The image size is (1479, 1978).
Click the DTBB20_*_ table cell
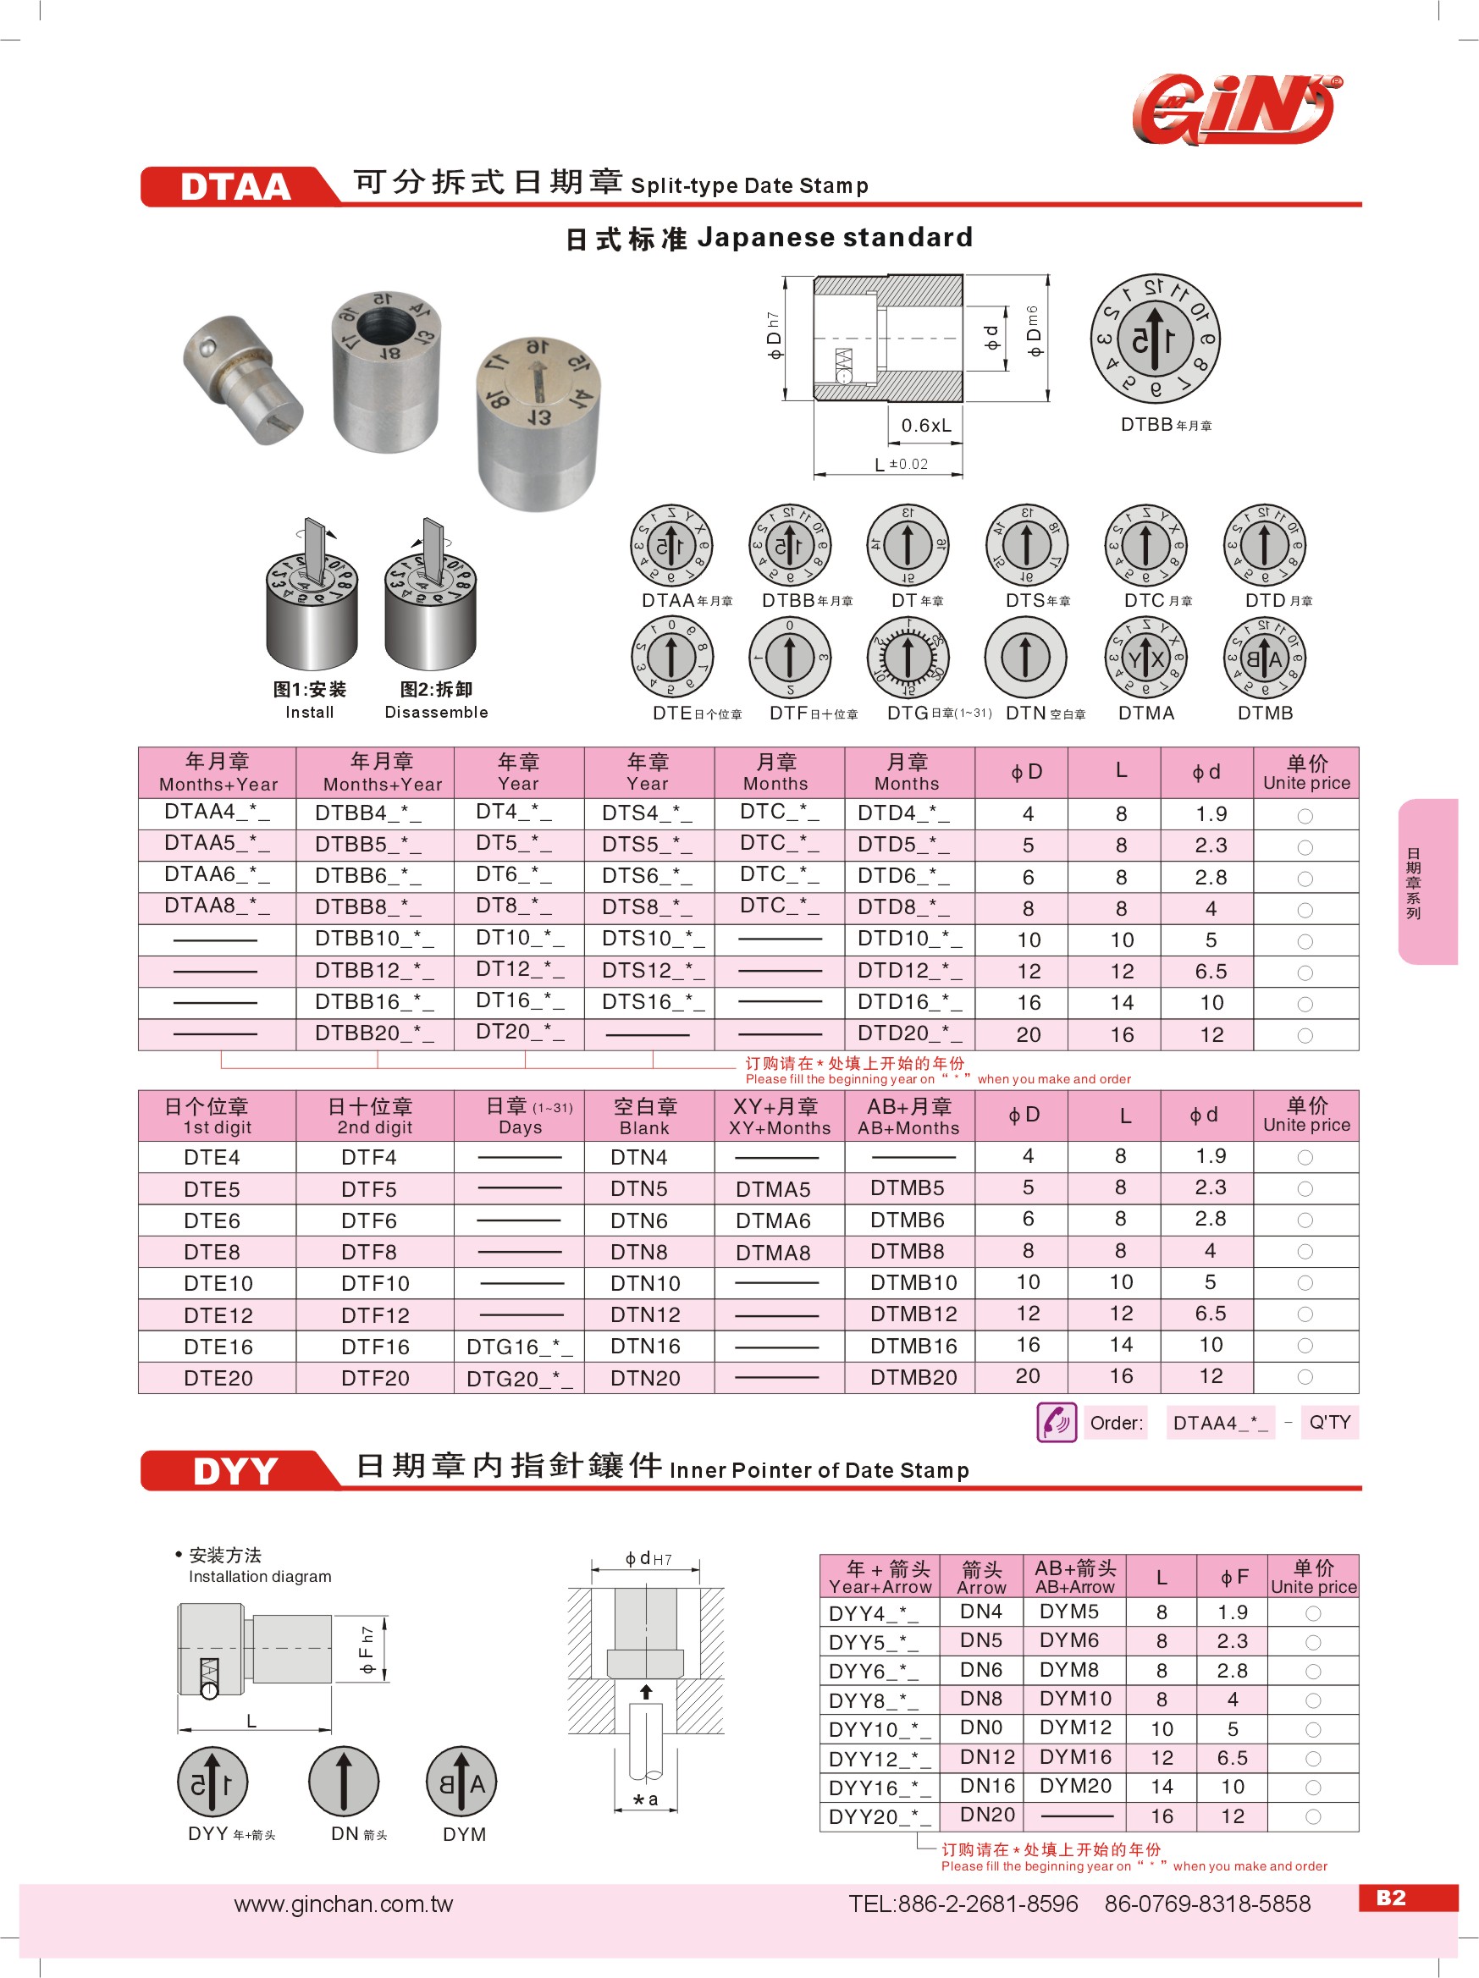[374, 1033]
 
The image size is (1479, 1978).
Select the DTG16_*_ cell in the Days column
[520, 1347]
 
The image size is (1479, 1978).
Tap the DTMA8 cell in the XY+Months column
[773, 1253]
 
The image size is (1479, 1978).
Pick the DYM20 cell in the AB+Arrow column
[1075, 1786]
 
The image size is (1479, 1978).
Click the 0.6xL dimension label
[925, 426]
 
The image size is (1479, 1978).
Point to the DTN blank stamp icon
[1025, 658]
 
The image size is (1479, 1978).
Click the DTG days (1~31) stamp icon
[908, 658]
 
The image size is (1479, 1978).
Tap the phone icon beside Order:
[1056, 1423]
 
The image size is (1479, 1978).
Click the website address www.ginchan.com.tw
[344, 1904]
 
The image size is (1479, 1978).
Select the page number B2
[1391, 1898]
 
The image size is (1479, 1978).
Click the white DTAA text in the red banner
[235, 187]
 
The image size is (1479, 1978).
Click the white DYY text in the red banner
[235, 1472]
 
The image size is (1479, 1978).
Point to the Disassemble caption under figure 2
[436, 713]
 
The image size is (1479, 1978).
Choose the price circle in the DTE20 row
[1305, 1377]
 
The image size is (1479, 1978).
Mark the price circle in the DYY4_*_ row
[1313, 1613]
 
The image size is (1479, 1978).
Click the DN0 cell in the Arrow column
[981, 1727]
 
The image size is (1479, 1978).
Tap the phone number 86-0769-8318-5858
[1207, 1904]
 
